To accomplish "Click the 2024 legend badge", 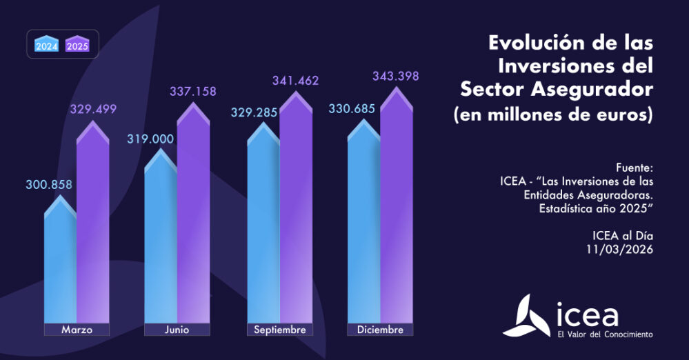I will [x=48, y=45].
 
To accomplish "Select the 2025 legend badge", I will [x=77, y=45].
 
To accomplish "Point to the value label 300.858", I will [x=50, y=184].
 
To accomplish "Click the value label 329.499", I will [x=93, y=109].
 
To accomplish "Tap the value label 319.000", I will [x=150, y=139].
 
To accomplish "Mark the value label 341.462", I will [x=294, y=81].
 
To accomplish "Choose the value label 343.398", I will [x=396, y=75].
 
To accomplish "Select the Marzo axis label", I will [x=77, y=330].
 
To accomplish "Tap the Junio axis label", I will [x=177, y=330].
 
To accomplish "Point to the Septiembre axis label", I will [x=279, y=330].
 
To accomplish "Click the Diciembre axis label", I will [x=380, y=330].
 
